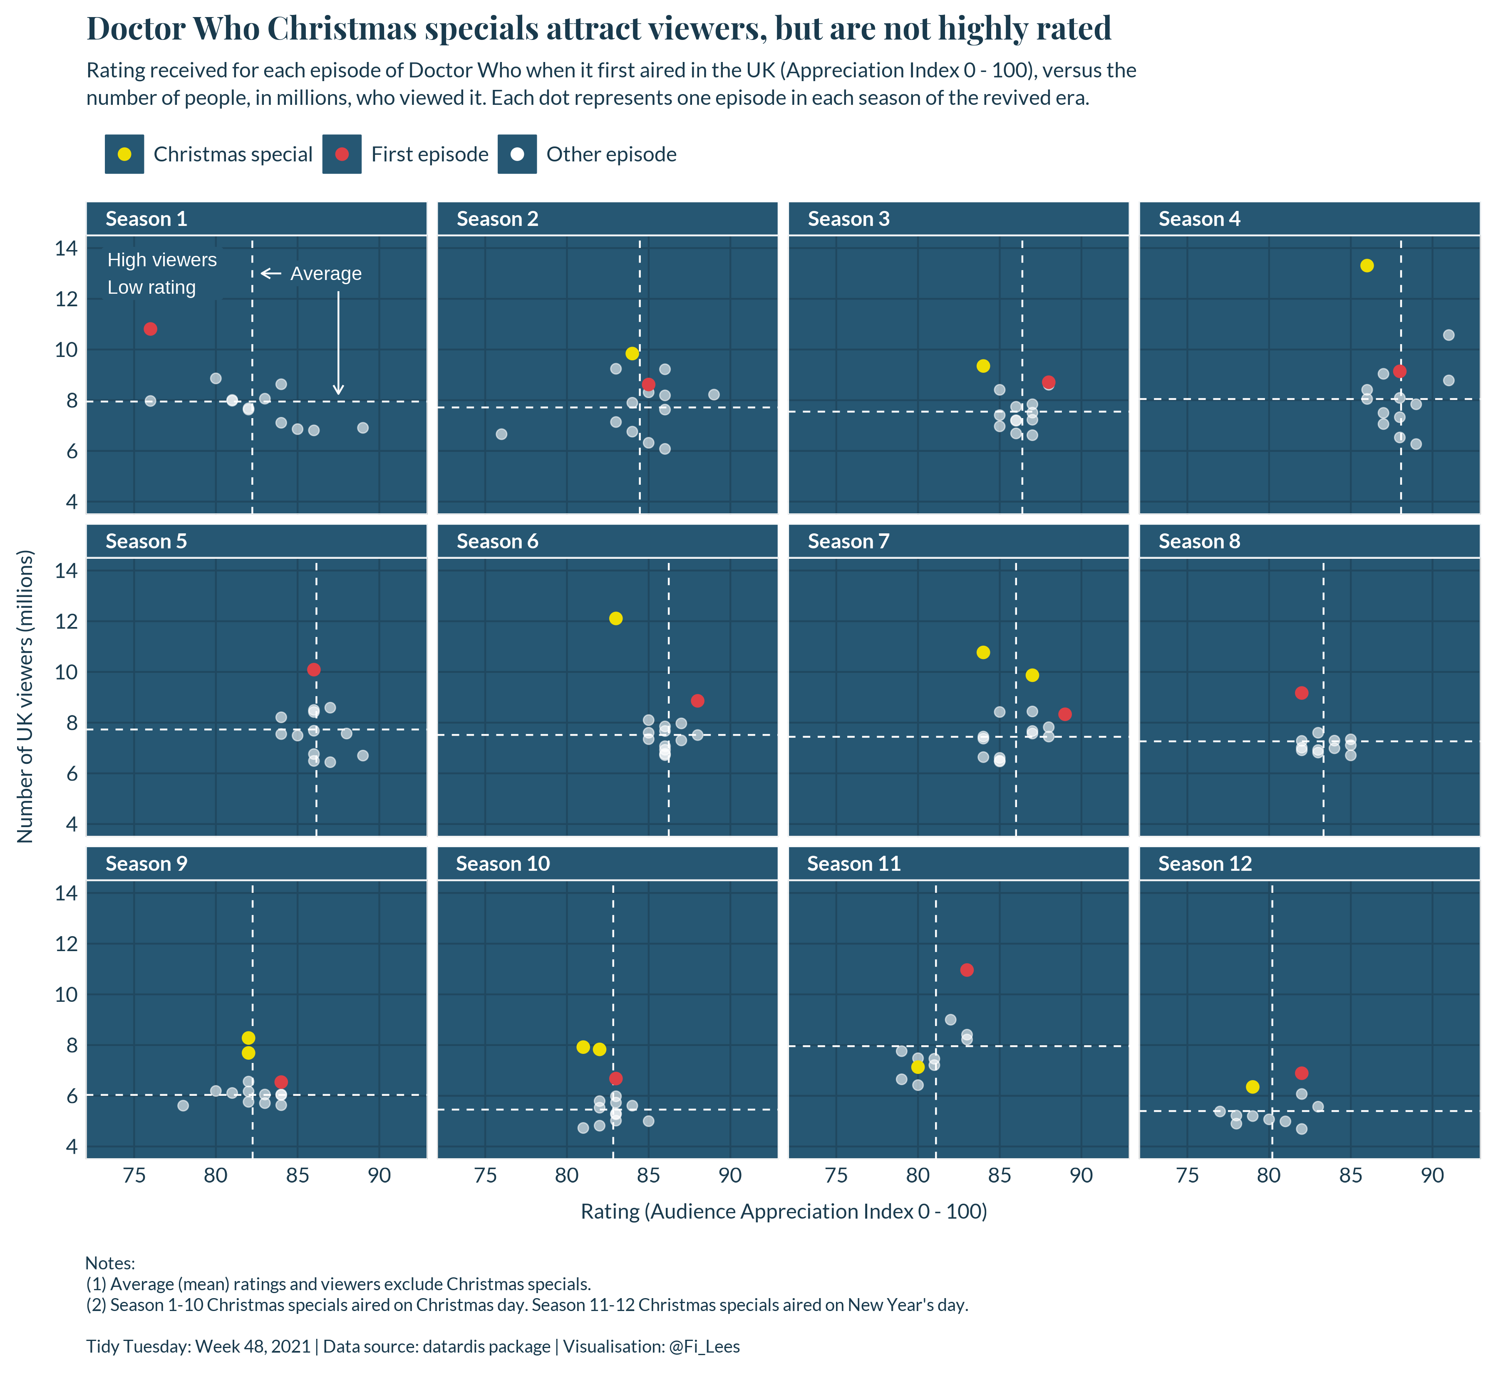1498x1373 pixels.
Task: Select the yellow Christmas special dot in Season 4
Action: pos(1367,266)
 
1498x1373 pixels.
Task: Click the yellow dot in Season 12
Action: pos(1252,1087)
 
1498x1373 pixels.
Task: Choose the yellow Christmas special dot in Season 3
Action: pos(983,366)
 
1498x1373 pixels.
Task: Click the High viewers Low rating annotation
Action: pos(161,273)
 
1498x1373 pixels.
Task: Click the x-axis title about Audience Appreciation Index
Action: pos(783,1212)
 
